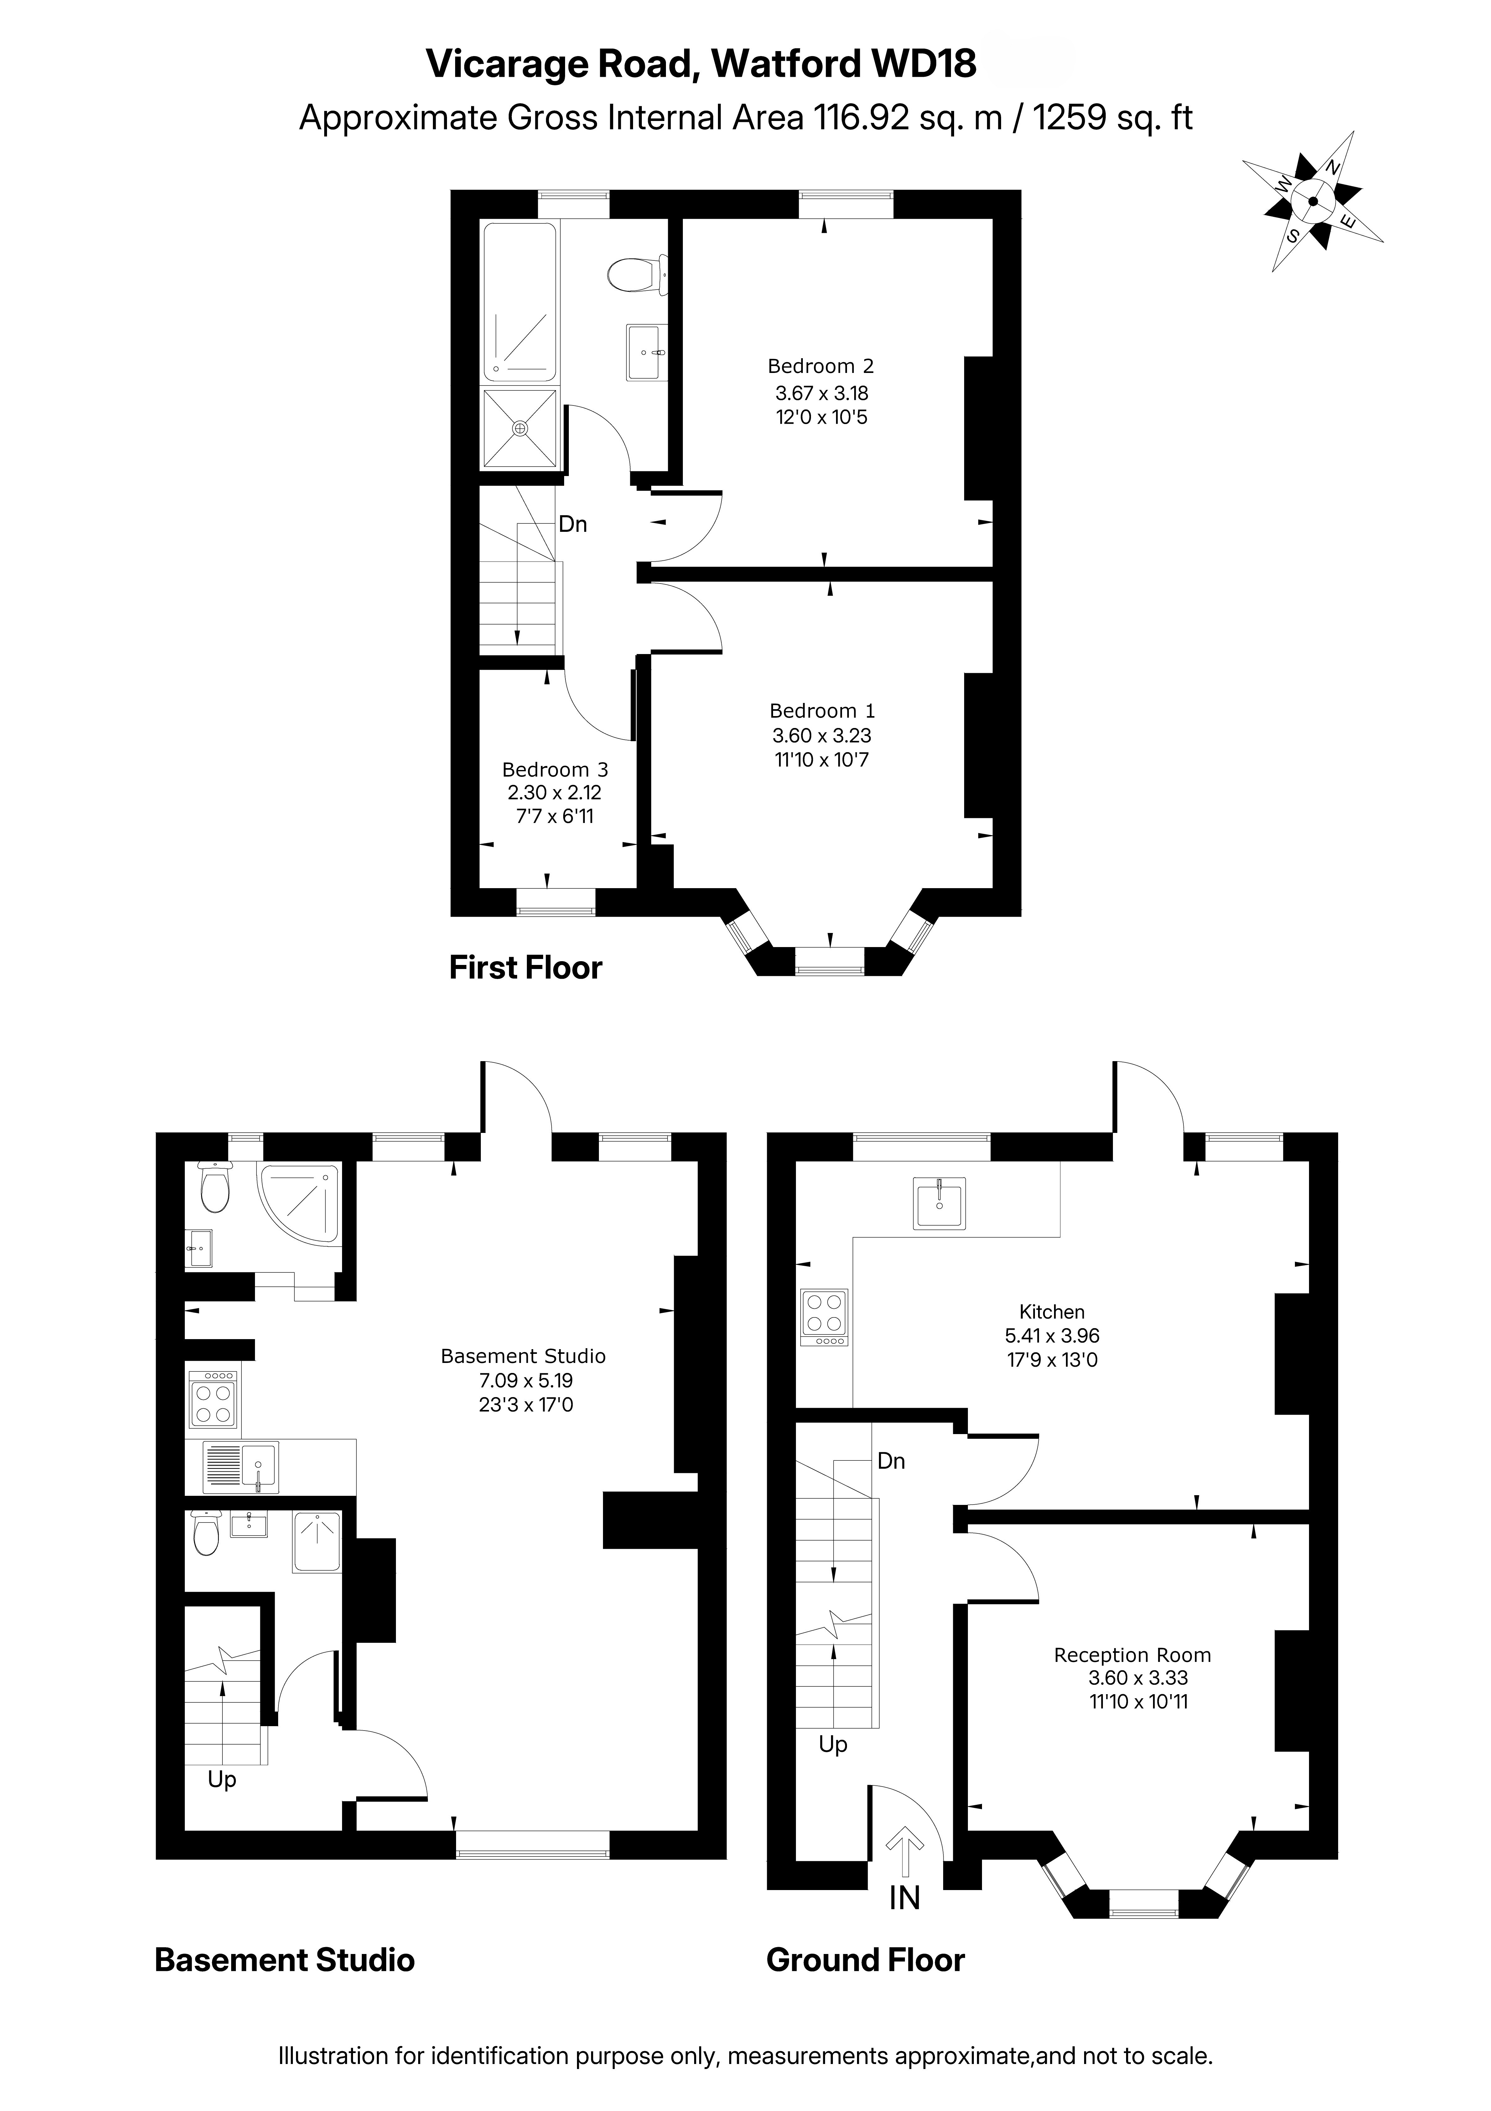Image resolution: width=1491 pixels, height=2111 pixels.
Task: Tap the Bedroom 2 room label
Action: (820, 366)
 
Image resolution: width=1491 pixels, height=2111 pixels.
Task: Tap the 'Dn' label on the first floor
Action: (573, 524)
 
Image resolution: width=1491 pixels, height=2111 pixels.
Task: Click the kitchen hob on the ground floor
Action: (824, 1317)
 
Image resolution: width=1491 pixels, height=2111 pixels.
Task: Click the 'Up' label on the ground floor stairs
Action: (833, 1744)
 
